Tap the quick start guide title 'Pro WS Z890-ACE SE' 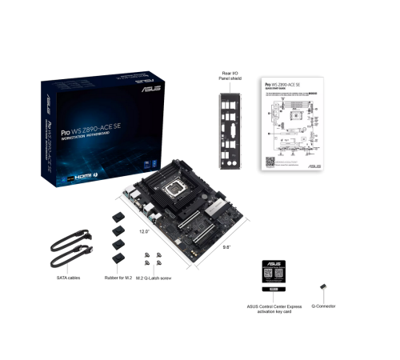click(282, 83)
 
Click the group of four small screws click(153, 260)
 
